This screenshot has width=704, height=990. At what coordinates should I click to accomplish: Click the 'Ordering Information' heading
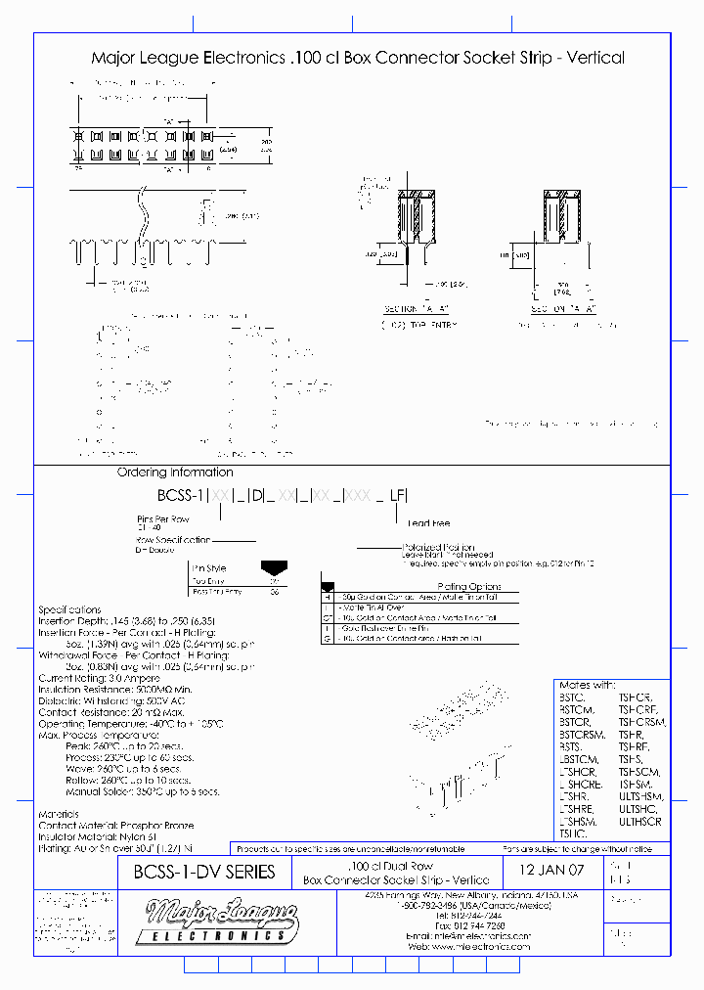click(162, 472)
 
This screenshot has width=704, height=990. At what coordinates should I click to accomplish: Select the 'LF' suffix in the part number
click(396, 496)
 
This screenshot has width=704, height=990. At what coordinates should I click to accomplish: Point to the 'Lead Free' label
click(428, 523)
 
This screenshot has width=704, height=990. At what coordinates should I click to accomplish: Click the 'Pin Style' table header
click(209, 567)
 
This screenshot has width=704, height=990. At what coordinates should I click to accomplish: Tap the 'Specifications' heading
click(69, 608)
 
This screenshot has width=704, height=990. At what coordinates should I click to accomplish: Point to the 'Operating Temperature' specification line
click(131, 723)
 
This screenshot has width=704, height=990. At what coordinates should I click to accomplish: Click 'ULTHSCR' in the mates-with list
click(640, 821)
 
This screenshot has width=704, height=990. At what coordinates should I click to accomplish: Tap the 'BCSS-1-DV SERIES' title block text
click(197, 871)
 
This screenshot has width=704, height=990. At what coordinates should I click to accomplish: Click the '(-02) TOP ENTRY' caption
click(417, 324)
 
